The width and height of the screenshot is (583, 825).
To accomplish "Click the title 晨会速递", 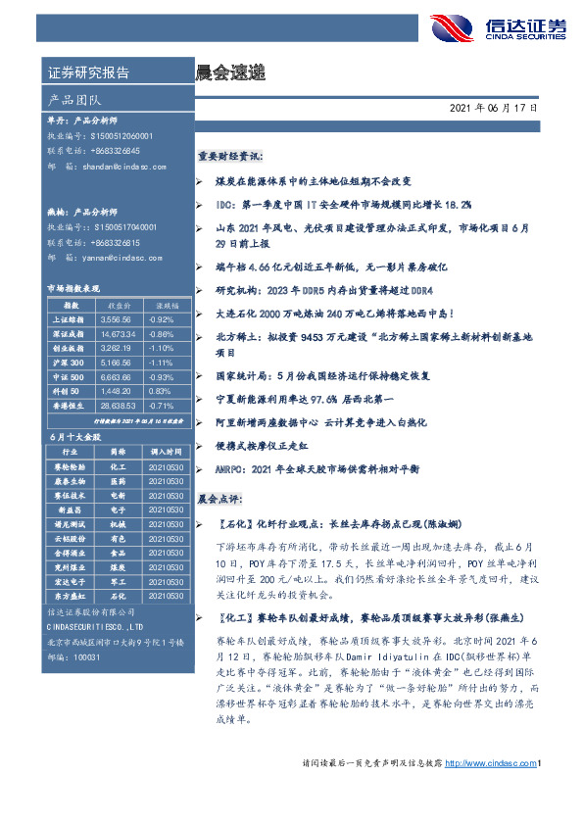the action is click(230, 73).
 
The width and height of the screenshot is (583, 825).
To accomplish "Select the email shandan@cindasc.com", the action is click(126, 168).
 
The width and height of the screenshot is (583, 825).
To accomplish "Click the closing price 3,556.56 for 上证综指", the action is click(115, 319).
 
